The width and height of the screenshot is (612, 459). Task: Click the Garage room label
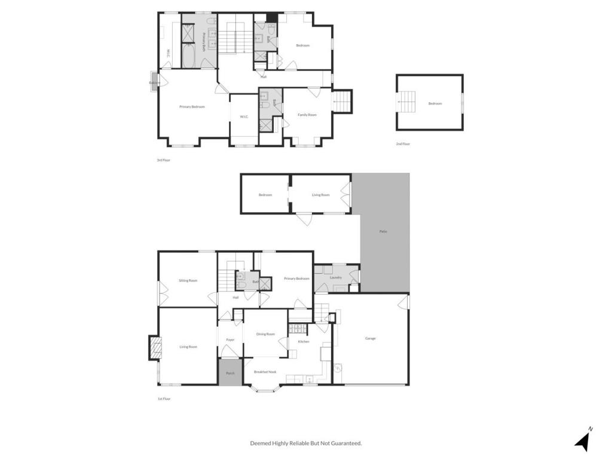click(x=371, y=338)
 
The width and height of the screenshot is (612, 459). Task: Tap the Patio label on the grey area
click(x=383, y=231)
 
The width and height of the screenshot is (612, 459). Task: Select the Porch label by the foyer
click(x=229, y=374)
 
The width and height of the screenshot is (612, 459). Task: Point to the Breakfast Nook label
click(x=265, y=372)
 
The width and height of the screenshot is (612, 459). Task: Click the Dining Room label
click(x=265, y=334)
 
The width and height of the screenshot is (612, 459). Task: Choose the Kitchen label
click(x=304, y=341)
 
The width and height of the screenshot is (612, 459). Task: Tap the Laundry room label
click(x=335, y=277)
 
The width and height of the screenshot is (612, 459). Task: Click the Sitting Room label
click(x=188, y=280)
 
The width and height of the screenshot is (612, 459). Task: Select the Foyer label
click(x=230, y=339)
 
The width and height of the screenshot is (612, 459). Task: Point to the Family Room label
click(x=307, y=115)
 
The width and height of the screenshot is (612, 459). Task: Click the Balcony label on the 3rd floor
click(x=155, y=82)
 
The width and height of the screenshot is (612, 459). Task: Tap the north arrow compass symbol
click(x=583, y=440)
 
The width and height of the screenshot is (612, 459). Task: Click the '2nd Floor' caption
click(x=403, y=144)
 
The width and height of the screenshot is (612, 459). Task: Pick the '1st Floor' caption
click(x=163, y=399)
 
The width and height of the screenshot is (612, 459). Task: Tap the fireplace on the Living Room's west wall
click(x=155, y=348)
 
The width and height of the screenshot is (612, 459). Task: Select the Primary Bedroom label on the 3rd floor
click(x=192, y=107)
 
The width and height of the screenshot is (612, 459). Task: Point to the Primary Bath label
click(x=203, y=44)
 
